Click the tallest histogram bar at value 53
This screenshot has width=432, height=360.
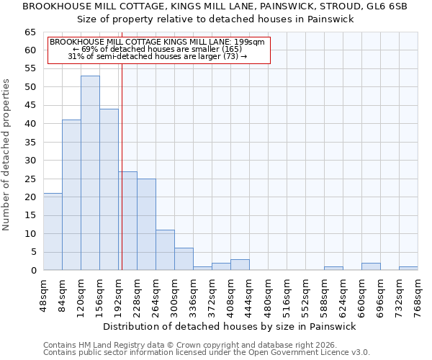90,173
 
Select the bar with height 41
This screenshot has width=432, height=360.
71,194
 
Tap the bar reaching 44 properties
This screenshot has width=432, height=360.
109,189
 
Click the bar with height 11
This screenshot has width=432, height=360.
165,250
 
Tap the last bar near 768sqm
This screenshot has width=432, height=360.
408,269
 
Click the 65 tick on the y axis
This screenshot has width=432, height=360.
30,32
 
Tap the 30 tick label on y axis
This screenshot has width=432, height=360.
30,161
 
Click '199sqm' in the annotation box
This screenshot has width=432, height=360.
251,42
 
